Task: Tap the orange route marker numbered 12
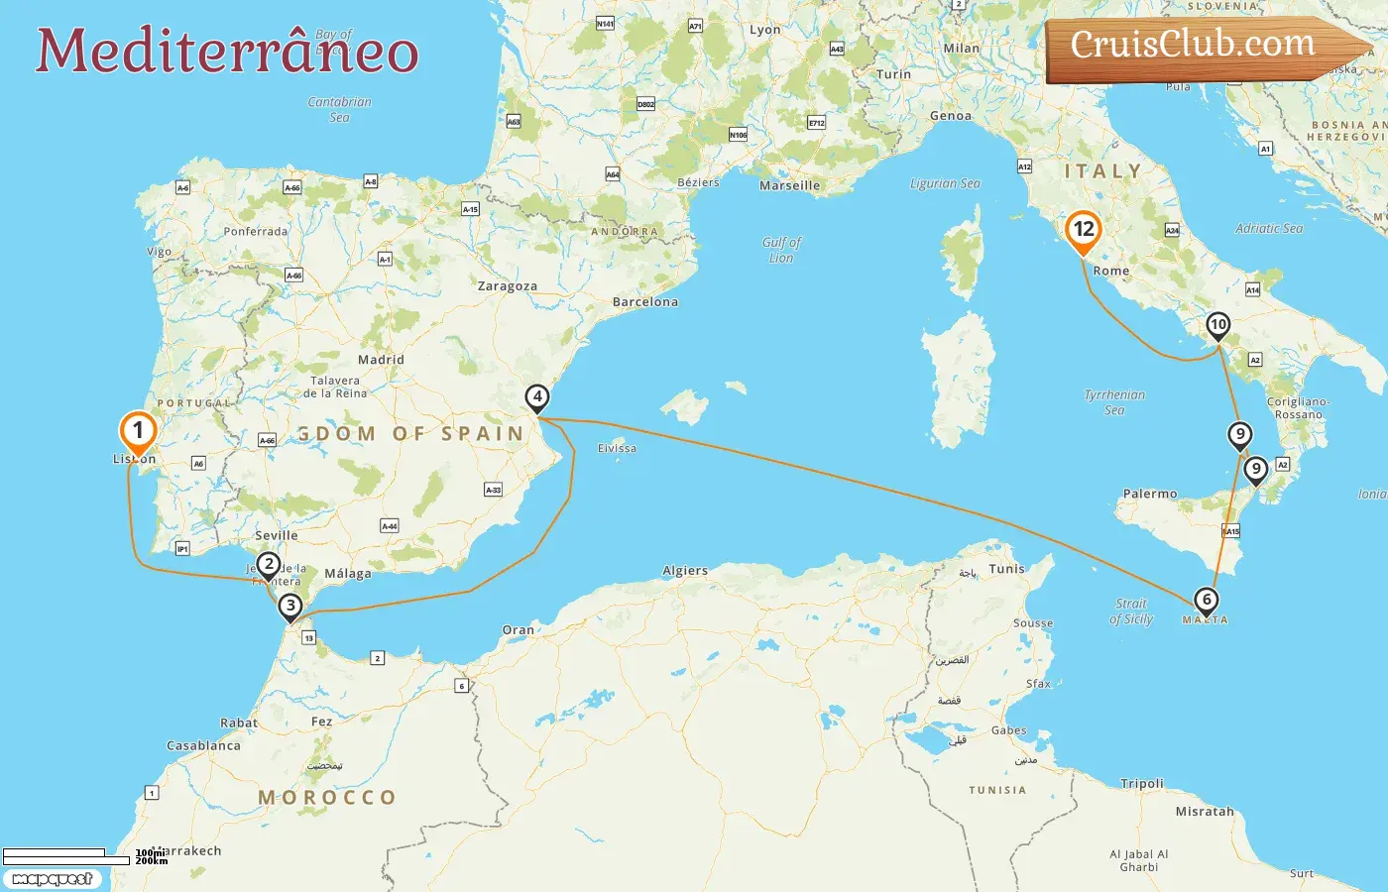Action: [1084, 230]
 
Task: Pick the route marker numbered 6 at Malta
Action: [1207, 600]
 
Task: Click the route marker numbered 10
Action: [1217, 325]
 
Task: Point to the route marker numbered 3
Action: [289, 606]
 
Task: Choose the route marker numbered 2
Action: [268, 565]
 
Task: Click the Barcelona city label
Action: [645, 302]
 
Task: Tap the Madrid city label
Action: [381, 360]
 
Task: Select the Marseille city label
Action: [789, 185]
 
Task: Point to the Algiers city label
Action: [685, 571]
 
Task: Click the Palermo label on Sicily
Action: [1150, 494]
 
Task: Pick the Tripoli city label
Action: [1142, 783]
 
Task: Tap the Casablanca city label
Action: [203, 745]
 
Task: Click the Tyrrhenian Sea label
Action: [1114, 401]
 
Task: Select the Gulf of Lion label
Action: [781, 250]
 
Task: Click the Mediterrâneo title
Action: [227, 51]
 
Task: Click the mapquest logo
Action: [52, 879]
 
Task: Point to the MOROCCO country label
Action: [327, 798]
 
